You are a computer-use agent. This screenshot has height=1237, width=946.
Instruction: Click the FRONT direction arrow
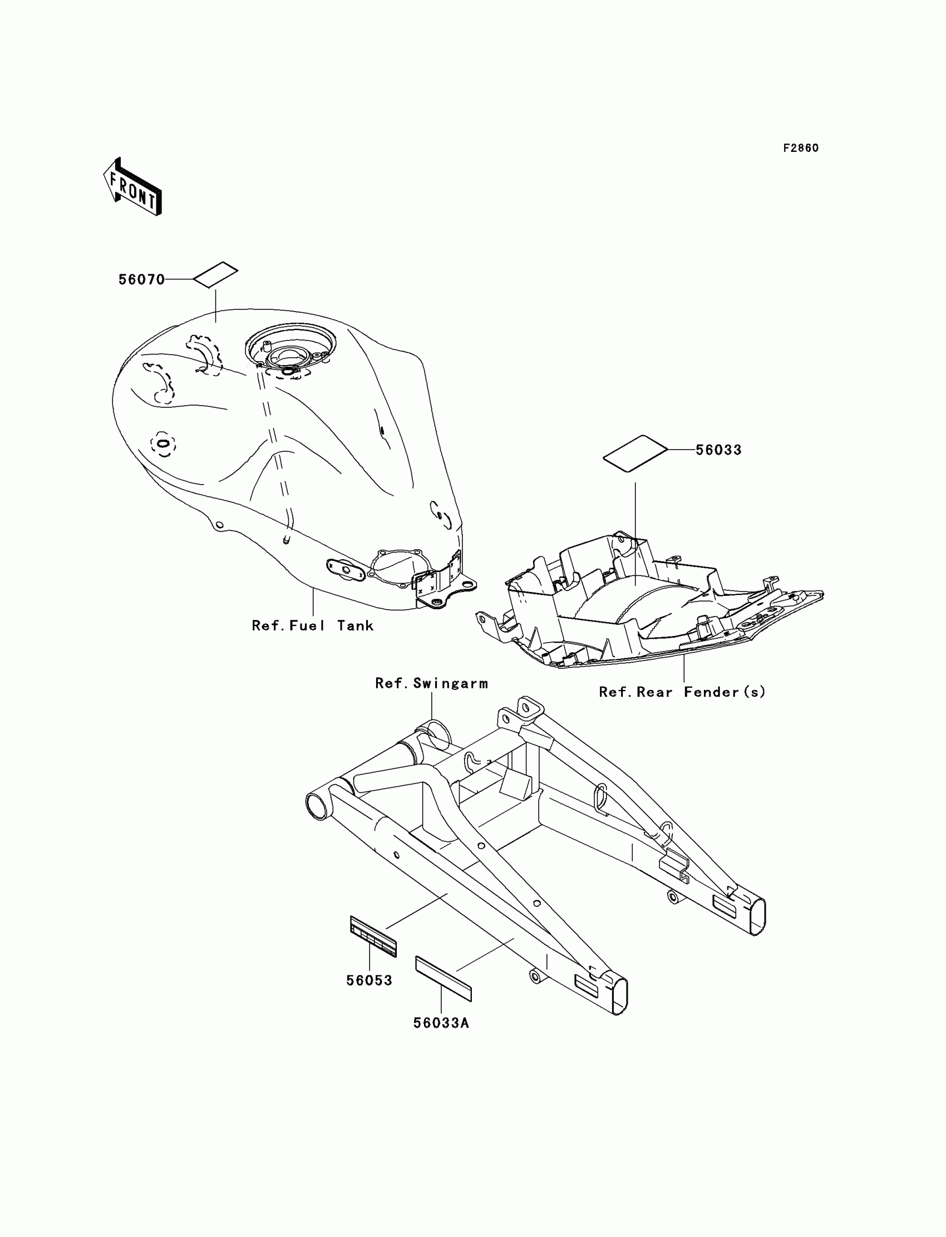(133, 188)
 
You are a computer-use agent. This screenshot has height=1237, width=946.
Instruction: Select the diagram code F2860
(801, 148)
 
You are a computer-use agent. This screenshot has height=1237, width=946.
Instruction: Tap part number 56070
(141, 280)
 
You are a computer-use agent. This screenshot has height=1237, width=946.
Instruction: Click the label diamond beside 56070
(216, 275)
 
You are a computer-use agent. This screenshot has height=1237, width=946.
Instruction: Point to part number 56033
(718, 450)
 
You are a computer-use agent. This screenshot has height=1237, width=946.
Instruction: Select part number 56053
(369, 980)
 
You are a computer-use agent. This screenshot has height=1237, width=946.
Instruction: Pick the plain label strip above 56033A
(444, 978)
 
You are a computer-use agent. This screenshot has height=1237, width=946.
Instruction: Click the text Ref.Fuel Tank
(313, 625)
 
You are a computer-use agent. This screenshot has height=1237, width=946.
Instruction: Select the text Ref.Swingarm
(431, 683)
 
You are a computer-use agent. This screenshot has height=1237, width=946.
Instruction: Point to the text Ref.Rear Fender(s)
(682, 692)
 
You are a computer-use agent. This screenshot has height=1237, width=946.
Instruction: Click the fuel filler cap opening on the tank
(290, 356)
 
